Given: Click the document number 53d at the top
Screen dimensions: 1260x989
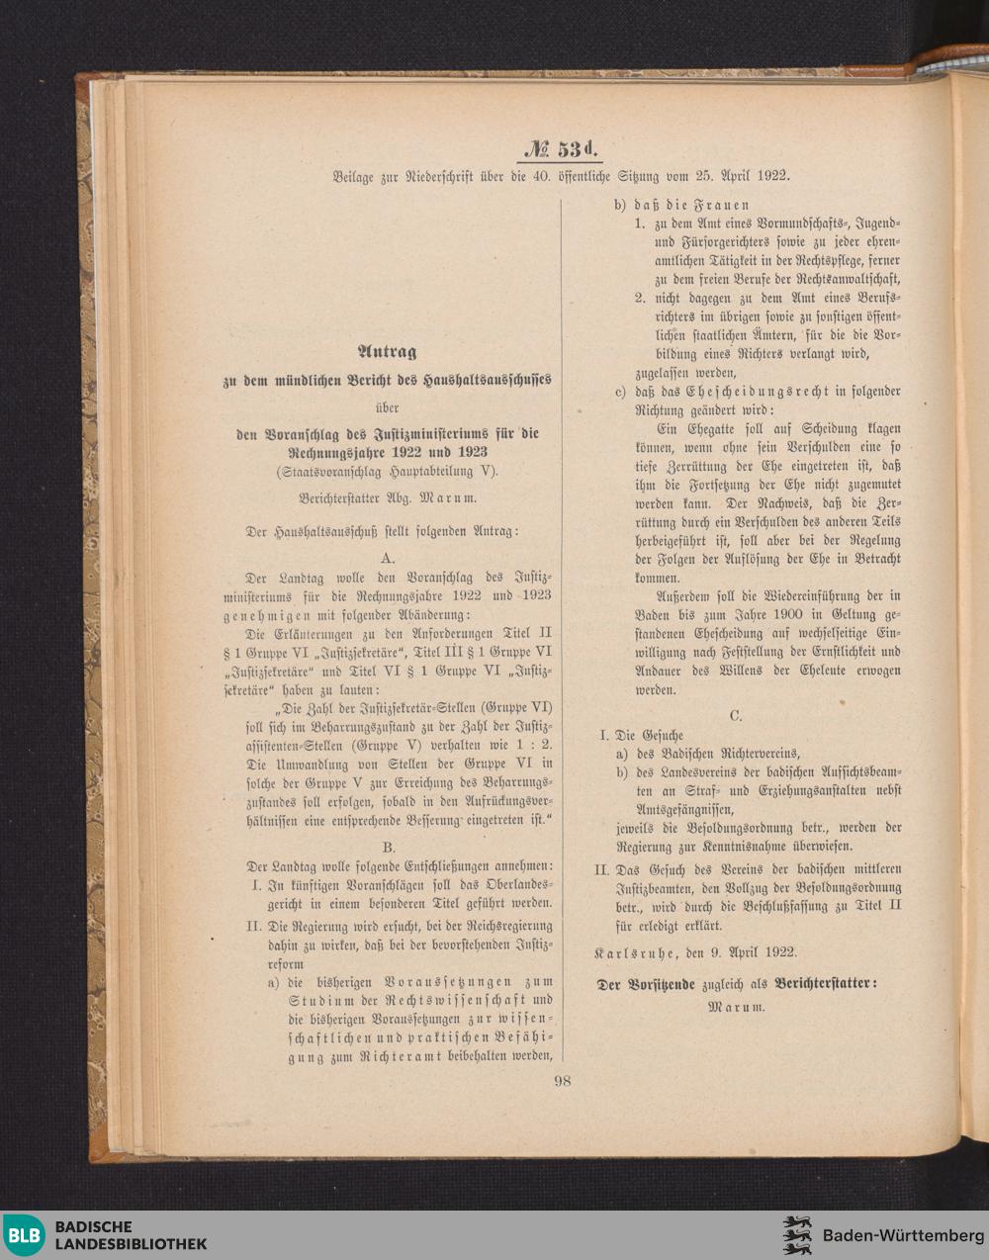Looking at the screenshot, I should pyautogui.click(x=560, y=150).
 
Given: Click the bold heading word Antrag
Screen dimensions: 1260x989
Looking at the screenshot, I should pyautogui.click(x=388, y=351).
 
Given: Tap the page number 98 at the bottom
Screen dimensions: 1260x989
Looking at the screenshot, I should pyautogui.click(x=562, y=1081).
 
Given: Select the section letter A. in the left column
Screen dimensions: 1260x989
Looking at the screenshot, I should pyautogui.click(x=388, y=558).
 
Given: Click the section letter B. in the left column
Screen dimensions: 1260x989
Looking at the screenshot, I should pyautogui.click(x=388, y=847).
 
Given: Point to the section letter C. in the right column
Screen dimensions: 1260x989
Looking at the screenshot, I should pyautogui.click(x=735, y=714).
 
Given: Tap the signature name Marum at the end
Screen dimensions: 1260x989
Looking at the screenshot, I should pyautogui.click(x=736, y=1008).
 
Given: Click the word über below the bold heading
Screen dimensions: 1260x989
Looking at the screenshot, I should pyautogui.click(x=387, y=406).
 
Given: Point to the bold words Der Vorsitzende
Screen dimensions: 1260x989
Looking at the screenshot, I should pyautogui.click(x=644, y=984).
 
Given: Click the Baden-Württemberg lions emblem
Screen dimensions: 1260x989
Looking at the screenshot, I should pyautogui.click(x=796, y=1235).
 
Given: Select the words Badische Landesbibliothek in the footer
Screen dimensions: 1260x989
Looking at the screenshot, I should pyautogui.click(x=130, y=1235).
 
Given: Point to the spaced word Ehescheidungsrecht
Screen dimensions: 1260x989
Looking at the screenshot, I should pyautogui.click(x=714, y=392).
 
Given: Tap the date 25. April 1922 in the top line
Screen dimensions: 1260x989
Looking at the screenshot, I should pyautogui.click(x=727, y=176).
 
